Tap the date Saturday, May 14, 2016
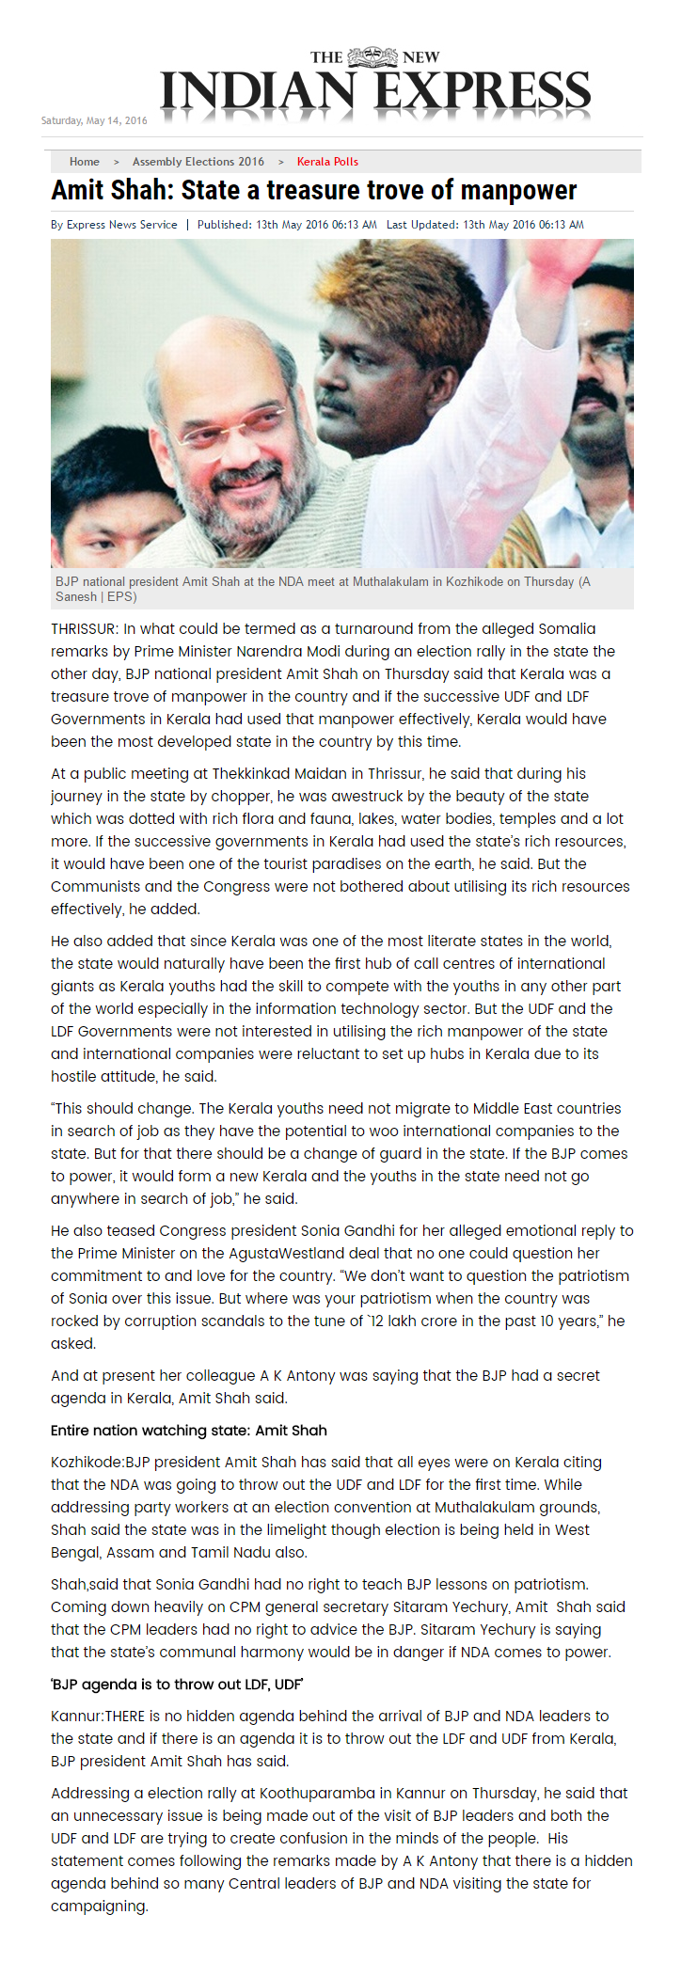(x=94, y=120)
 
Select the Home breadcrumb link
(x=84, y=162)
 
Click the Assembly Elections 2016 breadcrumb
(x=198, y=162)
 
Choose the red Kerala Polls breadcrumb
(x=327, y=162)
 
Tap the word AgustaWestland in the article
(x=260, y=1253)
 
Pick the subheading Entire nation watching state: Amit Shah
(x=189, y=1430)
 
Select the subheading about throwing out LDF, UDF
(x=177, y=1684)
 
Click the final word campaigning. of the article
(x=100, y=1906)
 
